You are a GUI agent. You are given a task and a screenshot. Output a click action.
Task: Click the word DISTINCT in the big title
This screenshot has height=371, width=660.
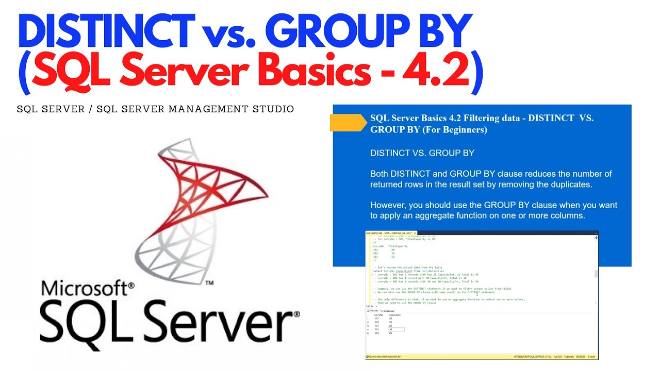pyautogui.click(x=106, y=32)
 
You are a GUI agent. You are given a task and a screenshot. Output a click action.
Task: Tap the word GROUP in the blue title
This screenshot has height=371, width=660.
pyautogui.click(x=324, y=32)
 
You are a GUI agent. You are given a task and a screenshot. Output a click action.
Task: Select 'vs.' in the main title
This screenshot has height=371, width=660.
pyautogui.click(x=227, y=33)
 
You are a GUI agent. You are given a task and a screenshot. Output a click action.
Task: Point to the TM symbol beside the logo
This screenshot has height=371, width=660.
pyautogui.click(x=209, y=283)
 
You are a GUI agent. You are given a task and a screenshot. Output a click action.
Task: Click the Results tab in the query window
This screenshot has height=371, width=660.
pyautogui.click(x=373, y=311)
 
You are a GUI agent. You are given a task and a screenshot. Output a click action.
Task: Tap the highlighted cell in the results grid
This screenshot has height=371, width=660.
pyautogui.click(x=396, y=329)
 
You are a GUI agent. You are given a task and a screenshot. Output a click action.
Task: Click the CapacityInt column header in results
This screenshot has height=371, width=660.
pyautogui.click(x=396, y=315)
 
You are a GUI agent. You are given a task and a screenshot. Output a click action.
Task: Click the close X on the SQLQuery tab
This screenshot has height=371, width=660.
pyautogui.click(x=415, y=233)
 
